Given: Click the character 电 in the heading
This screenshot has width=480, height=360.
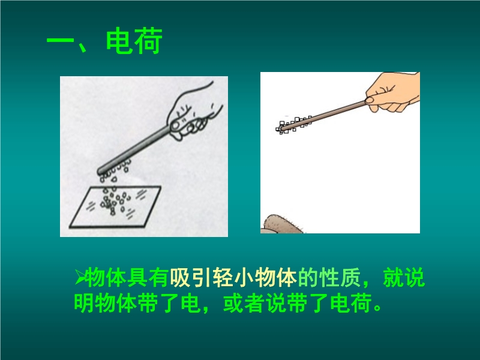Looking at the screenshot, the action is pos(119,41).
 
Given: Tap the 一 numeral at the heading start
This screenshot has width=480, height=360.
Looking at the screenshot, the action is pos(61,40).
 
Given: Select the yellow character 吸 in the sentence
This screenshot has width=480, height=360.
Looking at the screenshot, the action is pos(181,278).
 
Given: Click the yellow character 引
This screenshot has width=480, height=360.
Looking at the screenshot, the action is pos(202,278).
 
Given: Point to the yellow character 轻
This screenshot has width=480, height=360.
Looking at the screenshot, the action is pos(223,278).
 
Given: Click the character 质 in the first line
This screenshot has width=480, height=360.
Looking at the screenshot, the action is pos(350,278).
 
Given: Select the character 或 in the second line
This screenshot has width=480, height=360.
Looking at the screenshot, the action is pos(233,303).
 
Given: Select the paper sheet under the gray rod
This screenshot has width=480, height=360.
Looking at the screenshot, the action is pos(115,207).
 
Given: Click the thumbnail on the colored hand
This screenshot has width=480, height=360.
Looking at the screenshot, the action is pos(370,100).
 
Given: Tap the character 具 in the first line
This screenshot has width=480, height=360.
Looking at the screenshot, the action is pos(138,278).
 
